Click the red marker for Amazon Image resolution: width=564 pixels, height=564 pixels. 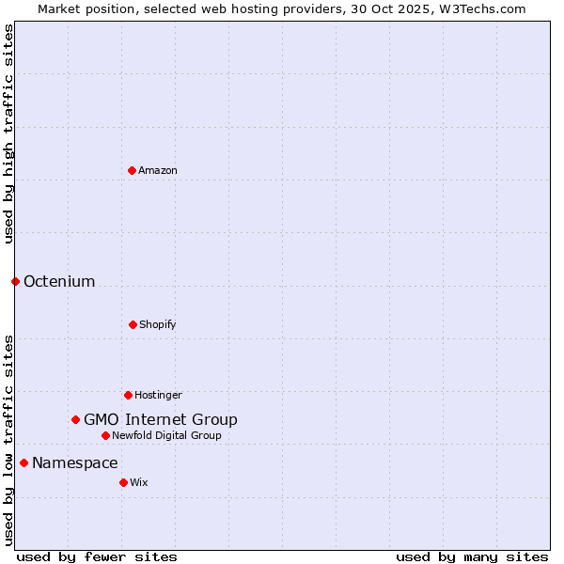132,170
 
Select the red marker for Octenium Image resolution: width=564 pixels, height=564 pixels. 15,281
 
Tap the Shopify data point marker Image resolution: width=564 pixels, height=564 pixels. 133,324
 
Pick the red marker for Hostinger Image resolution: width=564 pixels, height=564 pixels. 128,395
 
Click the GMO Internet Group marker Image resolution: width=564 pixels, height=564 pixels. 75,419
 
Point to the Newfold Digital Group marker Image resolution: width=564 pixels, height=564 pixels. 105,435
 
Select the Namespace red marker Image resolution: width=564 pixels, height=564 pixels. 23,462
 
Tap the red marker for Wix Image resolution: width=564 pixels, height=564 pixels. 123,482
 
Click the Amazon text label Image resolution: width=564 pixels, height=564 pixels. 158,170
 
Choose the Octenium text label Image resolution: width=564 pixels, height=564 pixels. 59,281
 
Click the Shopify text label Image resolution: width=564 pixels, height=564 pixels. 158,324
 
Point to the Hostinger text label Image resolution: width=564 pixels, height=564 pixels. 158,395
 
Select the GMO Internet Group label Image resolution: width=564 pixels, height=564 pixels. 161,419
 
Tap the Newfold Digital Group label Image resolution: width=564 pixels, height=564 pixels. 167,435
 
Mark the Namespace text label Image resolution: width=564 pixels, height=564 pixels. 75,462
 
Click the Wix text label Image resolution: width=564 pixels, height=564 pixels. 139,482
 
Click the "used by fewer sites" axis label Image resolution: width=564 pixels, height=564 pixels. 97,556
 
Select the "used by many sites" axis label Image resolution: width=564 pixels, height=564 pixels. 472,556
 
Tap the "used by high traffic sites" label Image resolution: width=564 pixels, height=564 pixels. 8,133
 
